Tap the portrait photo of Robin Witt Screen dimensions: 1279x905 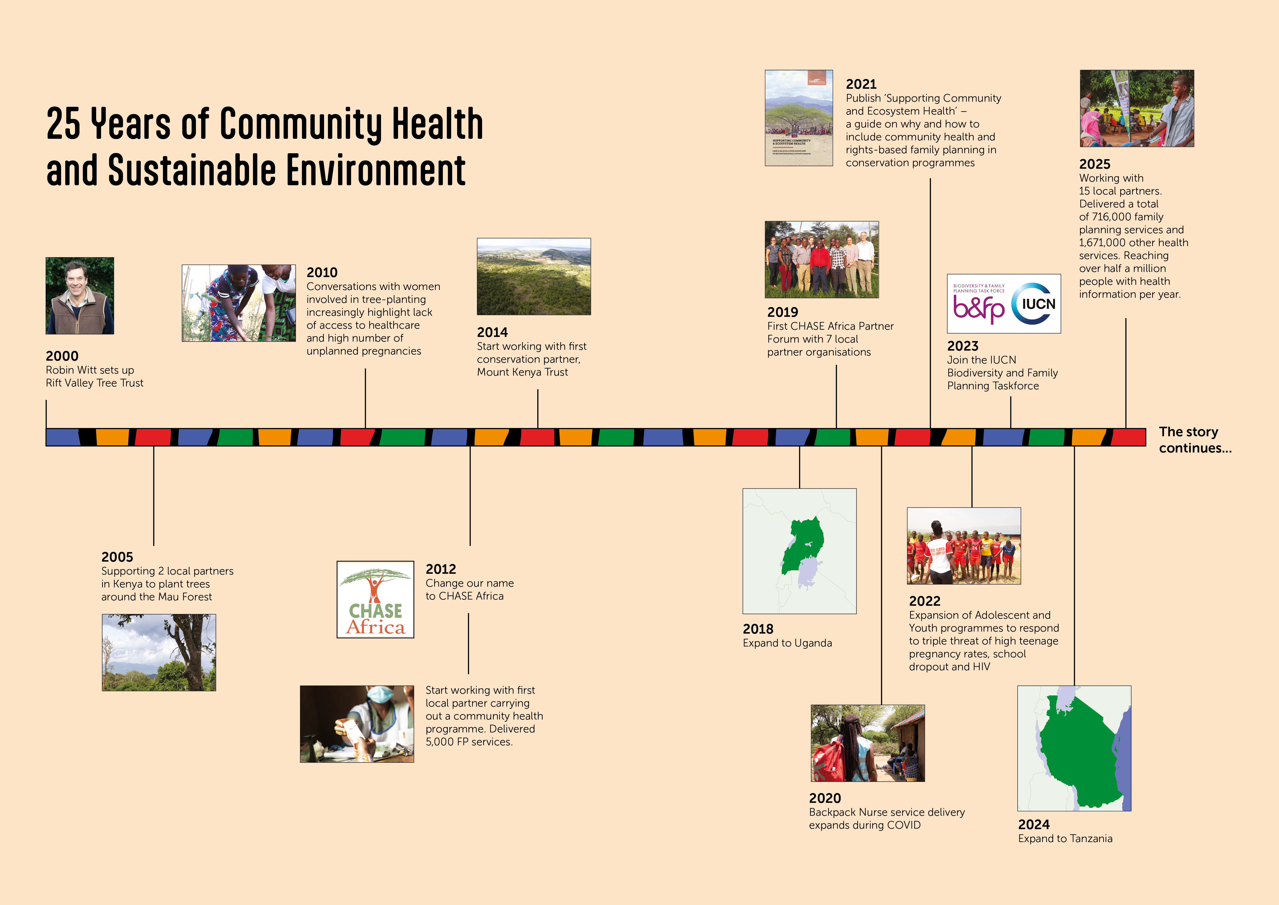click(x=80, y=296)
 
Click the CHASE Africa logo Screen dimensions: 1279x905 click(x=375, y=600)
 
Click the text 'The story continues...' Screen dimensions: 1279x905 click(x=1195, y=440)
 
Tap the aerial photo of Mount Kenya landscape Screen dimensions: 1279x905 click(x=534, y=276)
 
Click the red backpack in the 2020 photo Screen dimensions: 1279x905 click(x=829, y=759)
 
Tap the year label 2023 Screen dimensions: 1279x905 click(x=963, y=346)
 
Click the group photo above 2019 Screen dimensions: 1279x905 click(x=822, y=260)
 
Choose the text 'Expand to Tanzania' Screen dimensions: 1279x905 click(x=1065, y=839)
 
